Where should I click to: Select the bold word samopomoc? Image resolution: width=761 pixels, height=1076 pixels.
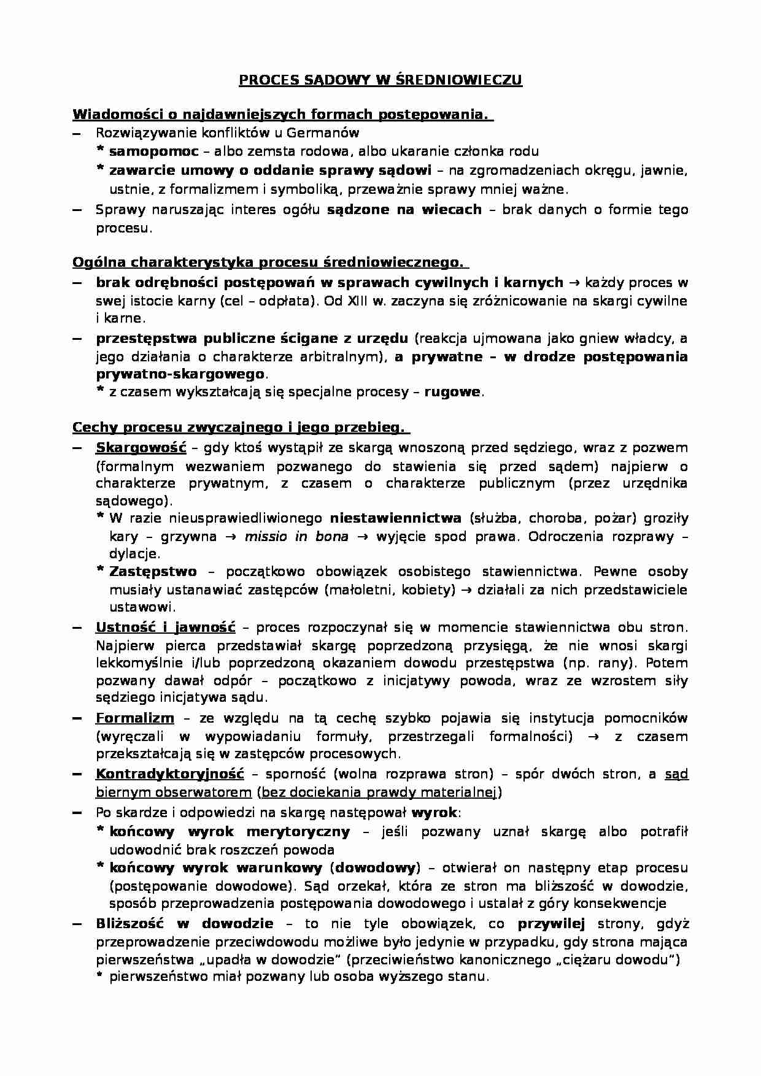point(153,151)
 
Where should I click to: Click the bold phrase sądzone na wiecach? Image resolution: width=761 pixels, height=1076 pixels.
point(404,210)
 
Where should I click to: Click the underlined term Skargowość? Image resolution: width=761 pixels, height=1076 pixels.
point(141,448)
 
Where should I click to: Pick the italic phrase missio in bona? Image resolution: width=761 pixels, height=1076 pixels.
point(296,536)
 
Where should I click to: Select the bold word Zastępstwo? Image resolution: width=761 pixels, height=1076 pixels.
point(153,572)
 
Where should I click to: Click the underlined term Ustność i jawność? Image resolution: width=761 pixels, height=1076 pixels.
point(165,628)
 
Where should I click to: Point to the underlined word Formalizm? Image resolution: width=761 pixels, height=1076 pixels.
point(134,718)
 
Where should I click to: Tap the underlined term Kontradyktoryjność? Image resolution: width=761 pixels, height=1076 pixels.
point(169,774)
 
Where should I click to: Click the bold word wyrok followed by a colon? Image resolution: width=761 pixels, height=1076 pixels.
point(434,813)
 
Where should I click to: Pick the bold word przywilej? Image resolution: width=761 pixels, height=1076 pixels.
point(551,924)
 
